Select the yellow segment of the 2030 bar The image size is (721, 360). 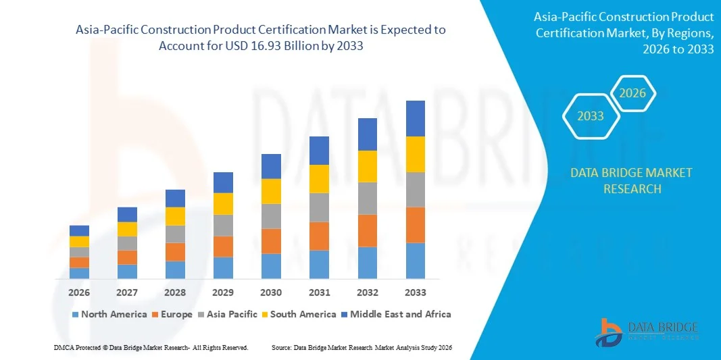pos(271,191)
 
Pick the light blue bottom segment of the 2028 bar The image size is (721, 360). pos(175,269)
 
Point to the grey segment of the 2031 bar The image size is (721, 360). pos(319,207)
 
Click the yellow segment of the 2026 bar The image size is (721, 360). pos(79,241)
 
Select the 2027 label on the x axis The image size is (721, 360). pos(127,292)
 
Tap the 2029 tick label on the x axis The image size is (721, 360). pos(223,292)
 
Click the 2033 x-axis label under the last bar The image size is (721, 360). pos(415,292)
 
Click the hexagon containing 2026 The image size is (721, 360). pos(632,93)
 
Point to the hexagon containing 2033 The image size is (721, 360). pos(591,116)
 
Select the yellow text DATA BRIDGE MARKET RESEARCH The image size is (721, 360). pos(631,180)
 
